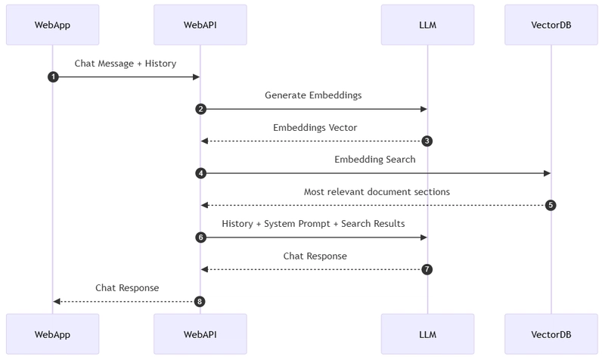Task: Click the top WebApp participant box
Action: click(x=52, y=25)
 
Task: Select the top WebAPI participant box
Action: click(x=200, y=25)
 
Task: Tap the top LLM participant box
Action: click(x=427, y=25)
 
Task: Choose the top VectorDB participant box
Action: click(x=551, y=25)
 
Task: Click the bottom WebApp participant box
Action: click(x=52, y=334)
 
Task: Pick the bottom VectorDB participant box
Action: click(x=551, y=334)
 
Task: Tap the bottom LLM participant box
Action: click(x=427, y=334)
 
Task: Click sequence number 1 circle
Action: click(x=53, y=77)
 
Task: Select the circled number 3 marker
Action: click(x=427, y=141)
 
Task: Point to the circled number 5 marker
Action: click(x=551, y=205)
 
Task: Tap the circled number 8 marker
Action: click(x=200, y=301)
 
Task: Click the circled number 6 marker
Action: click(x=200, y=237)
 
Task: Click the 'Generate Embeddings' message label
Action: click(x=313, y=95)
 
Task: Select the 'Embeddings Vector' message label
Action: click(x=315, y=128)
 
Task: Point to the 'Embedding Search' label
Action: click(x=375, y=160)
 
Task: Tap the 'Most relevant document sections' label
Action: click(x=377, y=192)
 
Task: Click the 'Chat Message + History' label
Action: click(x=126, y=64)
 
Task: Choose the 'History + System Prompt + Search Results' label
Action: click(x=313, y=224)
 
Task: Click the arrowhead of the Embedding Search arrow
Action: click(x=547, y=173)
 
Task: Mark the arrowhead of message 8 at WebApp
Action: click(x=57, y=301)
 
